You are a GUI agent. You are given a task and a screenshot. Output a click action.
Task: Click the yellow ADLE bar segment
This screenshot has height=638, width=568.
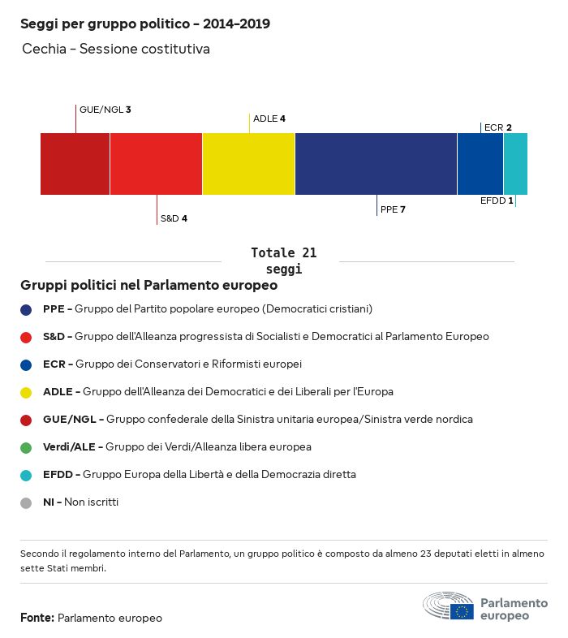point(248,164)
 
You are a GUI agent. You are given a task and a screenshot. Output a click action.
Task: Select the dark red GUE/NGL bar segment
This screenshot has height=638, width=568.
point(75,164)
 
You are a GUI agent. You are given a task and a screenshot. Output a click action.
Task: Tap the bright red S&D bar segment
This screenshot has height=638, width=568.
point(156,164)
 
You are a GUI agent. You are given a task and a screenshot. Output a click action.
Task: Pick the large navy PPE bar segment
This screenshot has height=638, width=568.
point(376,164)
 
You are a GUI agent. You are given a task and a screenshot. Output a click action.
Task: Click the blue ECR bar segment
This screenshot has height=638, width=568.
point(480,164)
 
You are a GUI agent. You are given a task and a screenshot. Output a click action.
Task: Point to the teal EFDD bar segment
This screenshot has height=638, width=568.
point(515,164)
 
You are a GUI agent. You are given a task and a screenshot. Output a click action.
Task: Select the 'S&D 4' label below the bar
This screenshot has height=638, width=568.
point(174,218)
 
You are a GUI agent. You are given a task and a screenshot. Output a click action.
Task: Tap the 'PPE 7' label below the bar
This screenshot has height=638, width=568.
point(393,209)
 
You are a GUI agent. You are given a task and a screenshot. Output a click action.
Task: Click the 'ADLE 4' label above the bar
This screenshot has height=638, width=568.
point(269,119)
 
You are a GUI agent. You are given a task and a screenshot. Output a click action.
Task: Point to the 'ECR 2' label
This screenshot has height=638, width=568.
point(497,127)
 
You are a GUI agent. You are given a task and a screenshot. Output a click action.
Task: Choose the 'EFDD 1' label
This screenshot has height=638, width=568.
point(497,200)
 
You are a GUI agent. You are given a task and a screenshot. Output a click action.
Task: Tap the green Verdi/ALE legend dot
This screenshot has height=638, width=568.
point(26,447)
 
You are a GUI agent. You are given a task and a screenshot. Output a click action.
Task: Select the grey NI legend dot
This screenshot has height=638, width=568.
point(26,502)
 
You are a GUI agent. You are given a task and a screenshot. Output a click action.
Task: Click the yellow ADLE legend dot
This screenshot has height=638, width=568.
point(26,392)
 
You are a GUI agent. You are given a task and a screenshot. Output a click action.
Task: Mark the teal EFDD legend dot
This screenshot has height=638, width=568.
point(26,475)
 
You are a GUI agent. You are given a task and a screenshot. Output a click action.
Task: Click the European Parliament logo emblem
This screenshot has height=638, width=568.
point(449,606)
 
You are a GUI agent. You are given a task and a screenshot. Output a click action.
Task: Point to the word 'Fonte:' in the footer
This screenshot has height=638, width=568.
point(37,618)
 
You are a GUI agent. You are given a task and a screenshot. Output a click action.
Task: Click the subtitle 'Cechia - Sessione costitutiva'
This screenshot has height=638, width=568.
point(116,50)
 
